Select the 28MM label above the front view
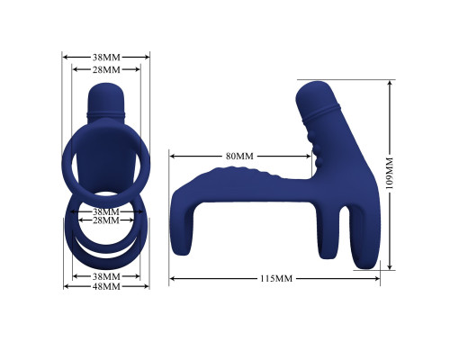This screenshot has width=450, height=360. [x=106, y=69]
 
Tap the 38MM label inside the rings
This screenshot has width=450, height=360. [x=106, y=211]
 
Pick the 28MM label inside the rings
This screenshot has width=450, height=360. [x=106, y=220]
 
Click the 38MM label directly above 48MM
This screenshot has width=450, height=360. [x=106, y=275]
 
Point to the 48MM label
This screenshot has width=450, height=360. [x=106, y=286]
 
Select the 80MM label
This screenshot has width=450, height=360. [x=239, y=157]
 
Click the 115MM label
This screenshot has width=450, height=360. [x=275, y=279]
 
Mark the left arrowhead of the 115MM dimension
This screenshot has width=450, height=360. [x=172, y=279]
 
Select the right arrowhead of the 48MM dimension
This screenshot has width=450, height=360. [x=148, y=286]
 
